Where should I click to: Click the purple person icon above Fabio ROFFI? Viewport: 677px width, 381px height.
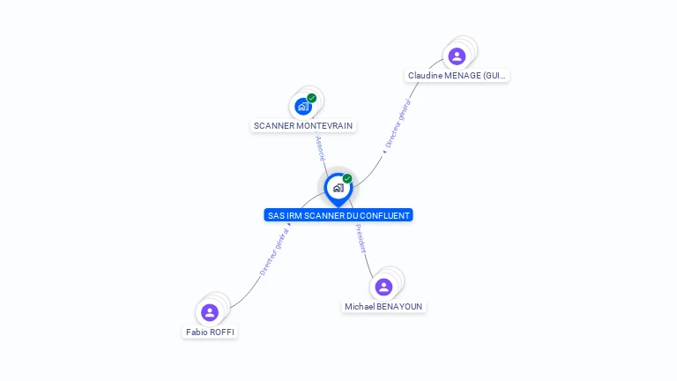click(210, 312)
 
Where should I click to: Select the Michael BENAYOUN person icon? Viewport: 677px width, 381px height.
click(383, 287)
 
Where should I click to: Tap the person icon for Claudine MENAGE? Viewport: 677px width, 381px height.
click(457, 56)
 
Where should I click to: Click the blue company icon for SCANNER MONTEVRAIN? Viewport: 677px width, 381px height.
click(303, 107)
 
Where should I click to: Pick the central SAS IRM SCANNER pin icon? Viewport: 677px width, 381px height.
click(338, 188)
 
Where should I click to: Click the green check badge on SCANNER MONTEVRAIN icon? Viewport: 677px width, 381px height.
click(312, 98)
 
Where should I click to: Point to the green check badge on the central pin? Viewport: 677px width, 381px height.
click(347, 178)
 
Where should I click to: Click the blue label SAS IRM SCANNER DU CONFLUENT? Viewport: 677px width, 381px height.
click(338, 215)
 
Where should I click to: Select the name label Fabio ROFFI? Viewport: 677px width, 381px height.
click(211, 332)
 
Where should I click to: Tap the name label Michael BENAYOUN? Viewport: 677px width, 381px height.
click(383, 307)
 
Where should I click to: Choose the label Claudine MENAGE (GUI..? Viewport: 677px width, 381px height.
click(457, 76)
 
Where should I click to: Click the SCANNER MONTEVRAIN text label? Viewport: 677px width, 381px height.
click(303, 126)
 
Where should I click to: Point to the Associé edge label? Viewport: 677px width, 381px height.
click(320, 148)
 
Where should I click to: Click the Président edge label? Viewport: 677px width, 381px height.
click(361, 238)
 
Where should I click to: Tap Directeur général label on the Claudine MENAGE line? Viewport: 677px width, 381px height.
click(398, 123)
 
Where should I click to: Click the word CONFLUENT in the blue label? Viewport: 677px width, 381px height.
click(383, 215)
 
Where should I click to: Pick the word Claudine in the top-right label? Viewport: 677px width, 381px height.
click(425, 76)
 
